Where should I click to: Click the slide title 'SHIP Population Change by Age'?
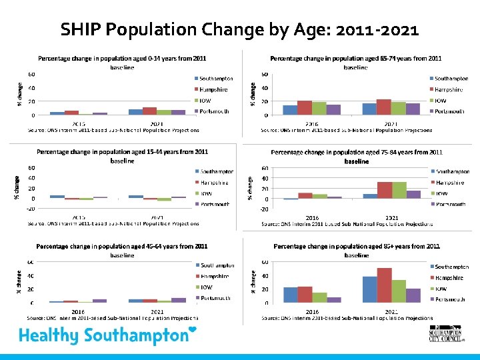[239, 30]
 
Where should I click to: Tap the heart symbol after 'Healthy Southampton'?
[193, 330]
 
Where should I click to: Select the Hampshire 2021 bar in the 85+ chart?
[384, 285]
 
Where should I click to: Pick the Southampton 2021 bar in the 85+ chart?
[370, 289]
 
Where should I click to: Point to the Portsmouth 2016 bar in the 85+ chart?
[334, 299]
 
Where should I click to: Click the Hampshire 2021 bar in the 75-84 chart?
[385, 190]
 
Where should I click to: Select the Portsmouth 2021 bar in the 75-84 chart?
[414, 195]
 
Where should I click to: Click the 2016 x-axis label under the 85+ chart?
[312, 311]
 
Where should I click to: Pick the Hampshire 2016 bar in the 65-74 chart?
[305, 107]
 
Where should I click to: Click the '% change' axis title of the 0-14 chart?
[19, 93]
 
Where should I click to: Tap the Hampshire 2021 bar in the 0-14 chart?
[149, 111]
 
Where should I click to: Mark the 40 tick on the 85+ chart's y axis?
[265, 275]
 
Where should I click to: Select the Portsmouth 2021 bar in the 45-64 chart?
[179, 300]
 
